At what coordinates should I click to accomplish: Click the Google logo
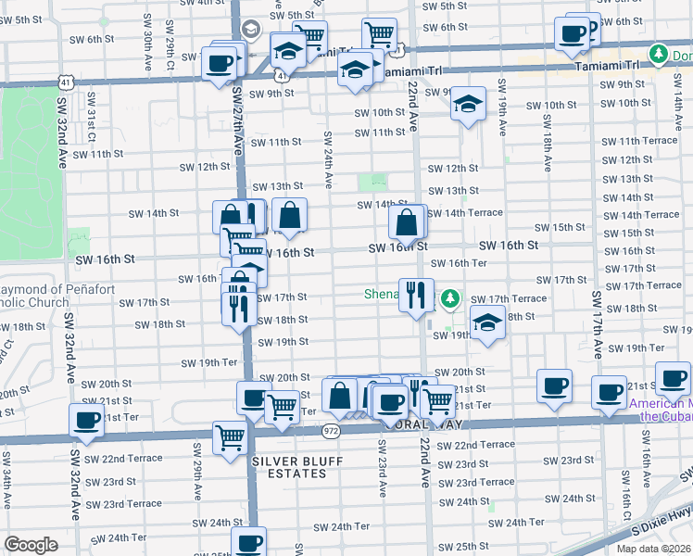[x=31, y=545]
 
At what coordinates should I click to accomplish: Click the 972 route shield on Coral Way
[x=331, y=430]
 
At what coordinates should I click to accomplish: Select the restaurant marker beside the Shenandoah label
[x=416, y=296]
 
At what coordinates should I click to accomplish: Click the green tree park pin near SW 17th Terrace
[x=449, y=298]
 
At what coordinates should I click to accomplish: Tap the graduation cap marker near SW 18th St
[x=485, y=322]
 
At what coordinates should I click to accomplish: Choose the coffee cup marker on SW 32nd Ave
[x=86, y=421]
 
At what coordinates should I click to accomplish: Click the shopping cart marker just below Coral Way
[x=230, y=436]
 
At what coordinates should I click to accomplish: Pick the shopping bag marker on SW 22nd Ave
[x=407, y=222]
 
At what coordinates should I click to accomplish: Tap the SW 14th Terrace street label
[x=464, y=213]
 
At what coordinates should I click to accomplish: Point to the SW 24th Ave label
[x=327, y=156]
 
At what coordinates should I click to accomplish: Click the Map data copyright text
[x=653, y=549]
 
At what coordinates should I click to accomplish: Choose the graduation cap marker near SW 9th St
[x=469, y=104]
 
